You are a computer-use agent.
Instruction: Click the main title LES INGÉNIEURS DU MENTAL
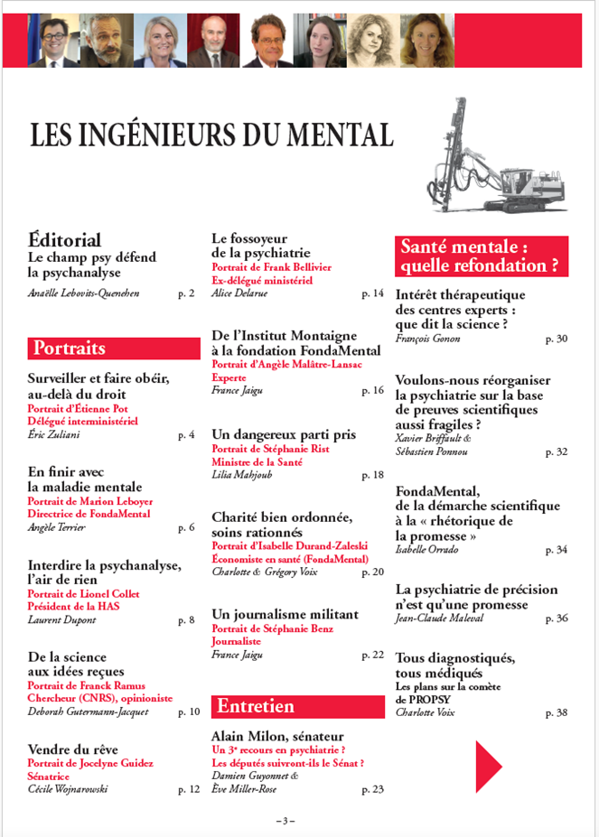coord(211,135)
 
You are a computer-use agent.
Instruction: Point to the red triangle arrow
coord(488,760)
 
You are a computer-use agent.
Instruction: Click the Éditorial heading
coord(64,240)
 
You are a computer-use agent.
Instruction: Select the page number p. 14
coord(372,293)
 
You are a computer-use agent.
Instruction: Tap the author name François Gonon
coord(428,339)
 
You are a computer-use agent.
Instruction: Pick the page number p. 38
coord(557,712)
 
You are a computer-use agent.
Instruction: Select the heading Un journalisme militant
coord(285,614)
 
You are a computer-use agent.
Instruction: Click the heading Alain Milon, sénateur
coord(276,736)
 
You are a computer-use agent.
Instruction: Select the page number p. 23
coord(372,790)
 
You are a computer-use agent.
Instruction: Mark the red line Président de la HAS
coord(73,606)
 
